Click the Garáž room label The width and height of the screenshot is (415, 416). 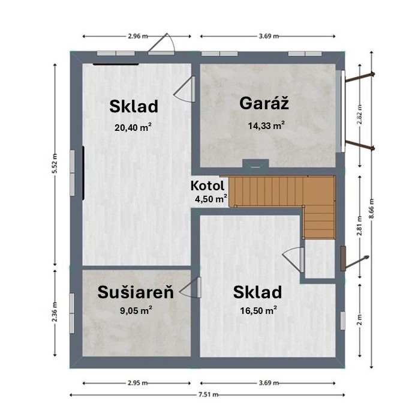pyautogui.click(x=264, y=103)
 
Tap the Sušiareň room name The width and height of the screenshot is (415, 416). pyautogui.click(x=136, y=292)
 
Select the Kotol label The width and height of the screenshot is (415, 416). pyautogui.click(x=207, y=185)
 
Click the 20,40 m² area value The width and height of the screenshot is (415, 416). pyautogui.click(x=133, y=127)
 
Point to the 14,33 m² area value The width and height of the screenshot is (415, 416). pyautogui.click(x=267, y=125)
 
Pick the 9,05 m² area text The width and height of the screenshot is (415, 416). pyautogui.click(x=136, y=310)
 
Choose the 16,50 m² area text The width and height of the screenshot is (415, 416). pyautogui.click(x=258, y=310)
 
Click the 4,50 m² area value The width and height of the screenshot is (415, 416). pyautogui.click(x=211, y=199)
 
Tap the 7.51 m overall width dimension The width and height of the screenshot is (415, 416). pyautogui.click(x=208, y=394)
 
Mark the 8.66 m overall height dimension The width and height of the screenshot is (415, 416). pyautogui.click(x=372, y=208)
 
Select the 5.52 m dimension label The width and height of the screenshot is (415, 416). pyautogui.click(x=55, y=163)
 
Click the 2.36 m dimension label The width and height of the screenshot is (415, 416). pyautogui.click(x=55, y=312)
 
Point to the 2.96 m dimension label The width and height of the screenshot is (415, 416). pyautogui.click(x=138, y=36)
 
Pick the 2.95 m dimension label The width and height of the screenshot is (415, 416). pyautogui.click(x=137, y=383)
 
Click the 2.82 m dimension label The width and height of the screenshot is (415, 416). pyautogui.click(x=359, y=114)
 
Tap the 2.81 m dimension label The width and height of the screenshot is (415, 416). pyautogui.click(x=359, y=226)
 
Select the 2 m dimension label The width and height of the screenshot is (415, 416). pyautogui.click(x=359, y=320)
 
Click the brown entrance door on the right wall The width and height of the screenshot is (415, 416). pyautogui.click(x=343, y=258)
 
